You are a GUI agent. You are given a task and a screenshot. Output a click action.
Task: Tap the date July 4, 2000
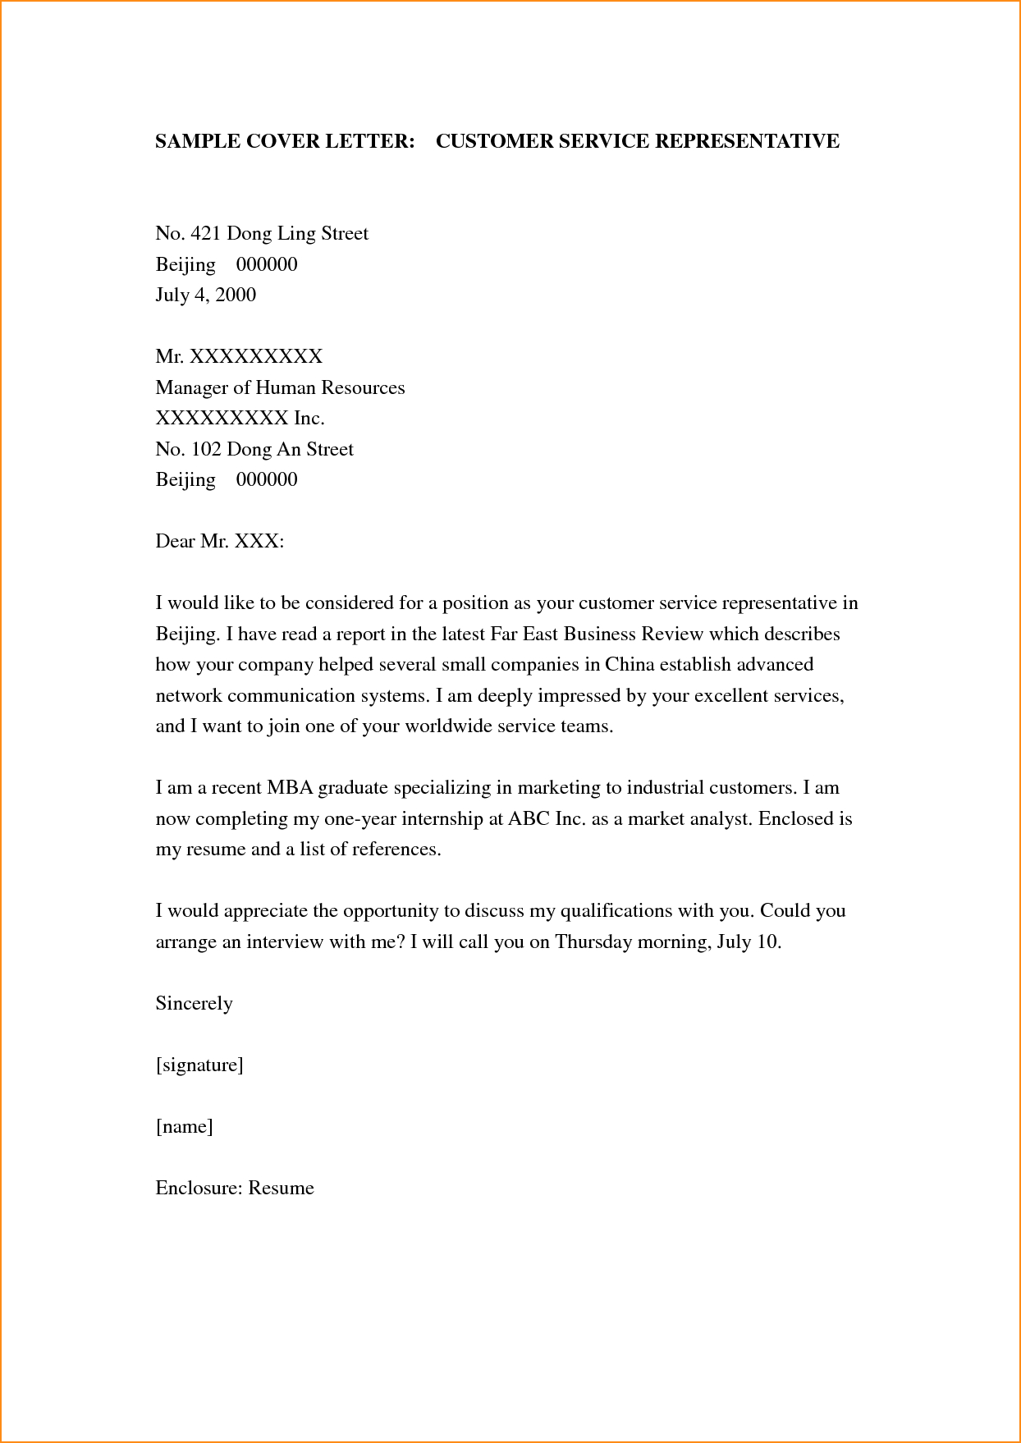point(205,295)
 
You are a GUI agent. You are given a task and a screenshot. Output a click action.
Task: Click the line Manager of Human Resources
point(280,387)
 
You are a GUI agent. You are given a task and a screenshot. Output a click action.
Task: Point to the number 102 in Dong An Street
point(205,450)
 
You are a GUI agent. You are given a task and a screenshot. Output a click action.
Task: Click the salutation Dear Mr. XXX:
point(219,542)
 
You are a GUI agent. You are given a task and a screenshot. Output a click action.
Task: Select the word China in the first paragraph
point(630,664)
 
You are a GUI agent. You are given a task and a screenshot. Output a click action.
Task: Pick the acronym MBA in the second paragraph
point(288,788)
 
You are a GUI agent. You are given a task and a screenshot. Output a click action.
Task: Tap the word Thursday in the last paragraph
point(593,941)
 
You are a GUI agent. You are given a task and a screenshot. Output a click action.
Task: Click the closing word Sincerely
point(194,1004)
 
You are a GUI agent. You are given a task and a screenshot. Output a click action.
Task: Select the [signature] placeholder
point(199,1065)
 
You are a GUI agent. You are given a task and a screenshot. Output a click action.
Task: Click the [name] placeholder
point(184,1127)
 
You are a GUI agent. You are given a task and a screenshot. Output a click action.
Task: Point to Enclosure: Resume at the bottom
point(235,1189)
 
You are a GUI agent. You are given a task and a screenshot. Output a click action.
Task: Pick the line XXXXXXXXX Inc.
point(240,419)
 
